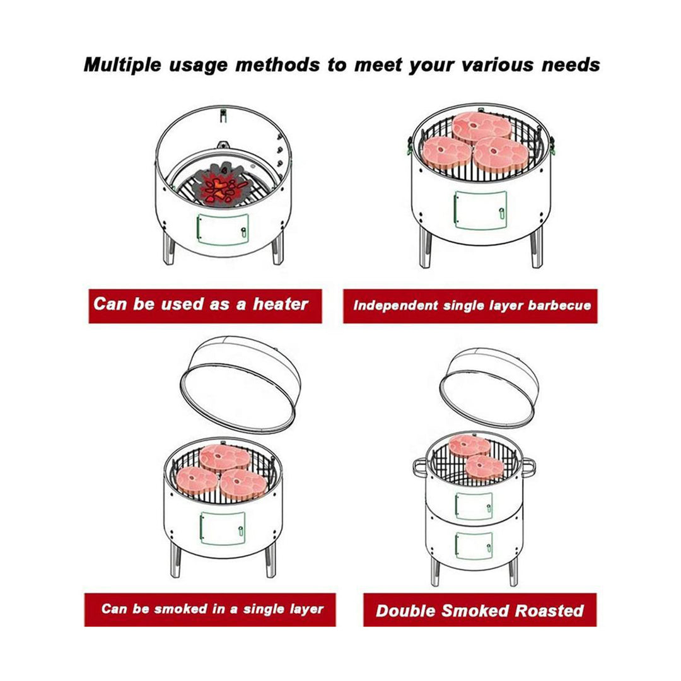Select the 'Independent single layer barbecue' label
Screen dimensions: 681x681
[x=470, y=306]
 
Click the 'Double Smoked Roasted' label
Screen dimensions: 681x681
[x=479, y=610]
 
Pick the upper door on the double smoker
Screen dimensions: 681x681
[x=474, y=506]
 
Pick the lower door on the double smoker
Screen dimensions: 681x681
[x=474, y=543]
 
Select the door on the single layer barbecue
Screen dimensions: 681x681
[x=479, y=210]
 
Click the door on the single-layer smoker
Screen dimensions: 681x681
[x=223, y=528]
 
